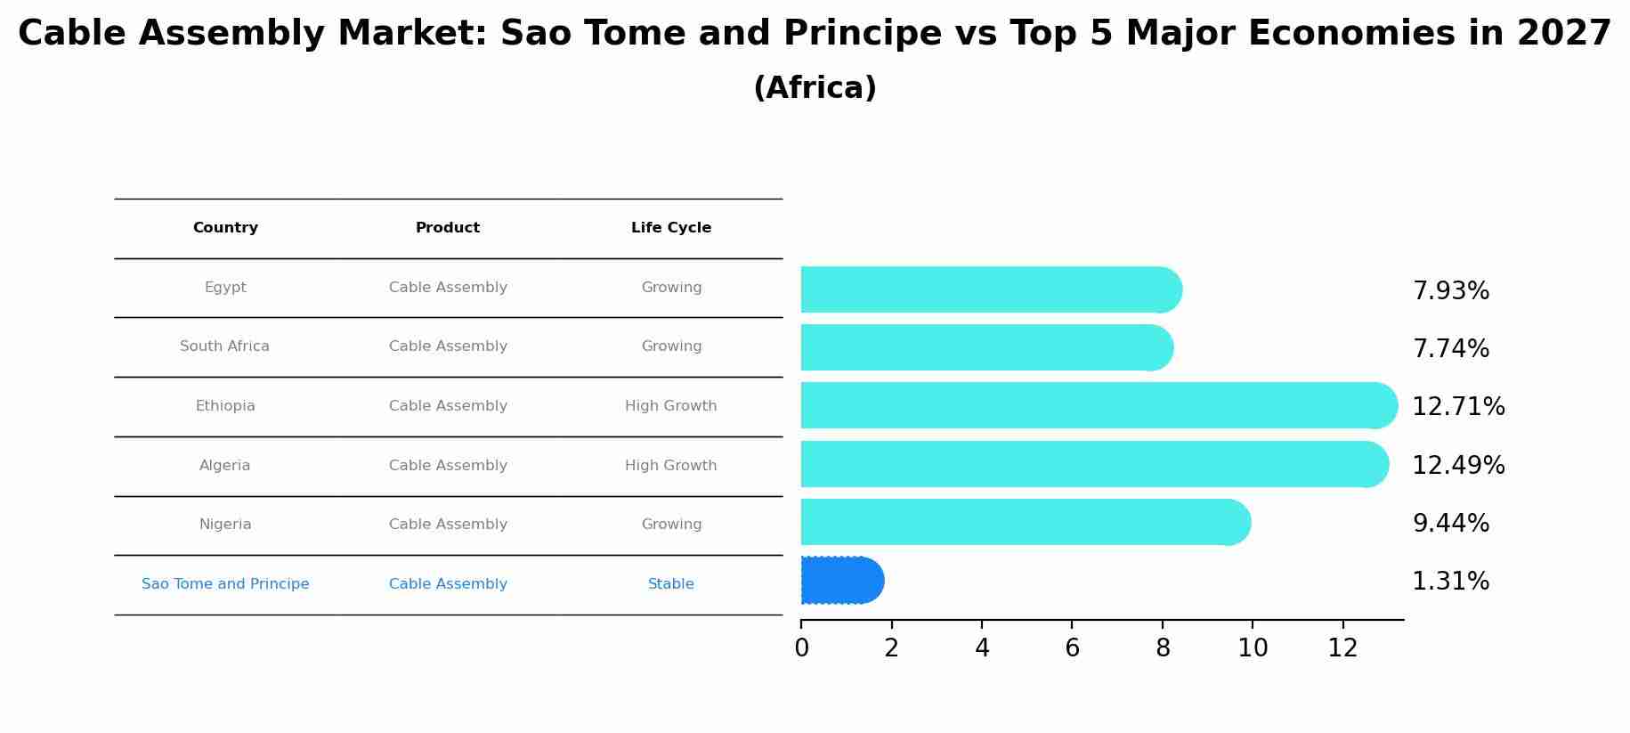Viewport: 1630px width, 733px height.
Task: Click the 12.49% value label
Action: pos(1457,465)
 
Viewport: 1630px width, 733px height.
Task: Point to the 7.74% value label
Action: pos(1450,348)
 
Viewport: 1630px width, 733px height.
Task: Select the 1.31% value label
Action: pos(1450,581)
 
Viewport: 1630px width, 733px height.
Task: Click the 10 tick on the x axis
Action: pos(1252,647)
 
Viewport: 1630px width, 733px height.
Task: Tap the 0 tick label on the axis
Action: pos(801,647)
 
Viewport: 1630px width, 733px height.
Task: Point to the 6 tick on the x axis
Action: pos(1072,647)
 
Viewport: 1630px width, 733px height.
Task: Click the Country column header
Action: pos(225,228)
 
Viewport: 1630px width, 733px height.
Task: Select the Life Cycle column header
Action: pos(670,228)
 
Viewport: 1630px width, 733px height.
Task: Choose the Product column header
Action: pos(447,228)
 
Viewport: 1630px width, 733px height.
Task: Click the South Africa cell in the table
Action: pos(224,346)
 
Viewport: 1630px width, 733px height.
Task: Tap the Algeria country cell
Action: pos(224,465)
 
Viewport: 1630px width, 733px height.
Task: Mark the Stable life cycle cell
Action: pos(670,584)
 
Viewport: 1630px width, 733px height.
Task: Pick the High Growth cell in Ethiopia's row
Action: pos(670,406)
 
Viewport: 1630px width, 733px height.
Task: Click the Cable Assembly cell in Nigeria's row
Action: pos(448,525)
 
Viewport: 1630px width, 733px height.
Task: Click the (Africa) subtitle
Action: pos(815,88)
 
